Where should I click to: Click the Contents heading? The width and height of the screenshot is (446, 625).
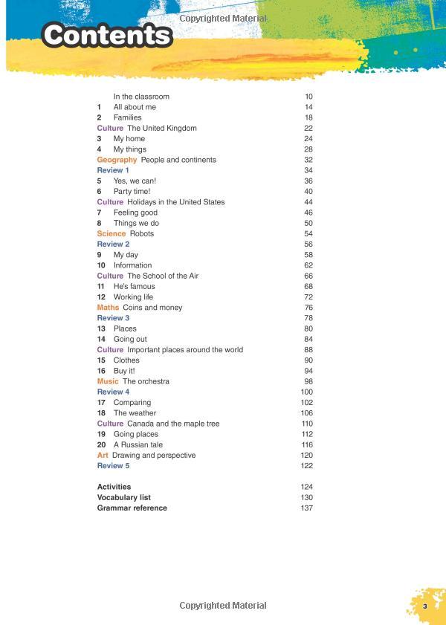pyautogui.click(x=107, y=35)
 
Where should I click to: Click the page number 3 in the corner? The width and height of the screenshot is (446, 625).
pyautogui.click(x=424, y=607)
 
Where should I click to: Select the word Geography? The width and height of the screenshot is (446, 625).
pyautogui.click(x=117, y=160)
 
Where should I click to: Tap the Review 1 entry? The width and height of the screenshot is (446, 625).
pyautogui.click(x=113, y=170)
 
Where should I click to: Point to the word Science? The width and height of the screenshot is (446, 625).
pyautogui.click(x=111, y=233)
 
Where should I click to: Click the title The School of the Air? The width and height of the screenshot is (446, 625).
pyautogui.click(x=163, y=276)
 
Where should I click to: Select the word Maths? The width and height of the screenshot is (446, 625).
pyautogui.click(x=108, y=308)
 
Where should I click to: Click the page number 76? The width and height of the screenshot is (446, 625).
pyautogui.click(x=308, y=308)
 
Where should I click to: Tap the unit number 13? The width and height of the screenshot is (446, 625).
pyautogui.click(x=101, y=328)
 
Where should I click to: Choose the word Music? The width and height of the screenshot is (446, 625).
pyautogui.click(x=108, y=381)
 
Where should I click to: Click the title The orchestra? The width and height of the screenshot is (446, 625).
pyautogui.click(x=146, y=381)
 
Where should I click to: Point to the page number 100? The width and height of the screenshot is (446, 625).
pyautogui.click(x=306, y=392)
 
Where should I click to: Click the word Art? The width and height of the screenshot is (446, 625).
pyautogui.click(x=103, y=455)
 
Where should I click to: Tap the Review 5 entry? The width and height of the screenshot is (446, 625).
pyautogui.click(x=113, y=466)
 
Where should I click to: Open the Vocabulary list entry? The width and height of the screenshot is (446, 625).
pyautogui.click(x=125, y=497)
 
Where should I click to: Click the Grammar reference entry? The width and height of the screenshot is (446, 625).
pyautogui.click(x=132, y=508)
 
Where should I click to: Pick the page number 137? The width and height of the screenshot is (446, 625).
pyautogui.click(x=306, y=508)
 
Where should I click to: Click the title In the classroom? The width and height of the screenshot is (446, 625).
pyautogui.click(x=141, y=97)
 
